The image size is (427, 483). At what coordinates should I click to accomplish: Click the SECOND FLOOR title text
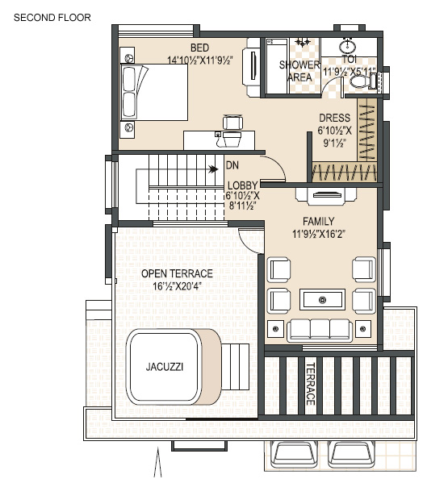point(52,18)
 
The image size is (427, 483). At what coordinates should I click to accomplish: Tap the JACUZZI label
point(165,367)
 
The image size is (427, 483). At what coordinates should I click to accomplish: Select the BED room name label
point(199,48)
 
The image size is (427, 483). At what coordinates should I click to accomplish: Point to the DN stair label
point(232,165)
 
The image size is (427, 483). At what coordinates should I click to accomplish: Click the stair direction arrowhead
point(213,169)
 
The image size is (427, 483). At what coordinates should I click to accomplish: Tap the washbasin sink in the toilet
point(348,46)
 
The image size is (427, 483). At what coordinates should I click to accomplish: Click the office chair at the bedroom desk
point(232,123)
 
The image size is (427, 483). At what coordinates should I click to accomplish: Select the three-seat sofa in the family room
point(320,331)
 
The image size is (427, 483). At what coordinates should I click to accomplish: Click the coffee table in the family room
point(323,300)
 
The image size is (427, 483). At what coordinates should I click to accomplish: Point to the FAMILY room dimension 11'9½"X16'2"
point(319,234)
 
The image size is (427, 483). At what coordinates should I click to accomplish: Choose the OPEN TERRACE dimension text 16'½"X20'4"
point(178,286)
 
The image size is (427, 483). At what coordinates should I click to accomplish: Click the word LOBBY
point(243,185)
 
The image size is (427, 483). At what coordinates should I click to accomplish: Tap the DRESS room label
point(334,118)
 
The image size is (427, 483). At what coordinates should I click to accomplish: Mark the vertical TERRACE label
point(310,384)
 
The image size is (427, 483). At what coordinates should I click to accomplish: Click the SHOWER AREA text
point(299,71)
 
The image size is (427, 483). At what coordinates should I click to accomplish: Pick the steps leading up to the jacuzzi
point(236,367)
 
